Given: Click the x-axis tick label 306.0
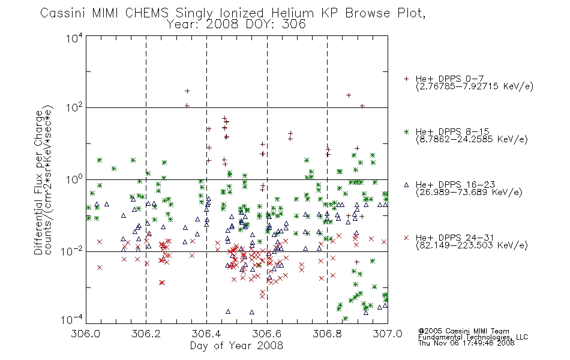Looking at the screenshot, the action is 86,334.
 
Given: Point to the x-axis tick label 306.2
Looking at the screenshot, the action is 146,334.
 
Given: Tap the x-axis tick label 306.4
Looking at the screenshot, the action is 206,334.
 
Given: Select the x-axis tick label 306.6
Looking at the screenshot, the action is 267,334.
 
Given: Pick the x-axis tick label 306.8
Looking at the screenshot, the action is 327,334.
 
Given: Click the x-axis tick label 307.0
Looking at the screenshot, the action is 388,334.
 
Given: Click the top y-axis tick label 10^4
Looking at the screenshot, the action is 74,38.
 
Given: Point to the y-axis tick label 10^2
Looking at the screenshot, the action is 74,107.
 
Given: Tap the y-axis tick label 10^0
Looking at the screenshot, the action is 74,179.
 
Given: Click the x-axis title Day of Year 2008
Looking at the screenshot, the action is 236,346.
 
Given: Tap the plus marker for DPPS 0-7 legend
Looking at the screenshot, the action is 406,79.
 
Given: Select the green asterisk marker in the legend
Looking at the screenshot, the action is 406,131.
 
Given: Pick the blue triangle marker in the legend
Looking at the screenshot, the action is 406,185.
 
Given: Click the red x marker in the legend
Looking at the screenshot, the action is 406,238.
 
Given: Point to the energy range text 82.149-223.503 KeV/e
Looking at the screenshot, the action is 472,245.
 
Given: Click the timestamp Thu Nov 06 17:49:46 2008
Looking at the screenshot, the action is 466,343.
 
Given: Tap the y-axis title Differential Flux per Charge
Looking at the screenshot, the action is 38,182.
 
